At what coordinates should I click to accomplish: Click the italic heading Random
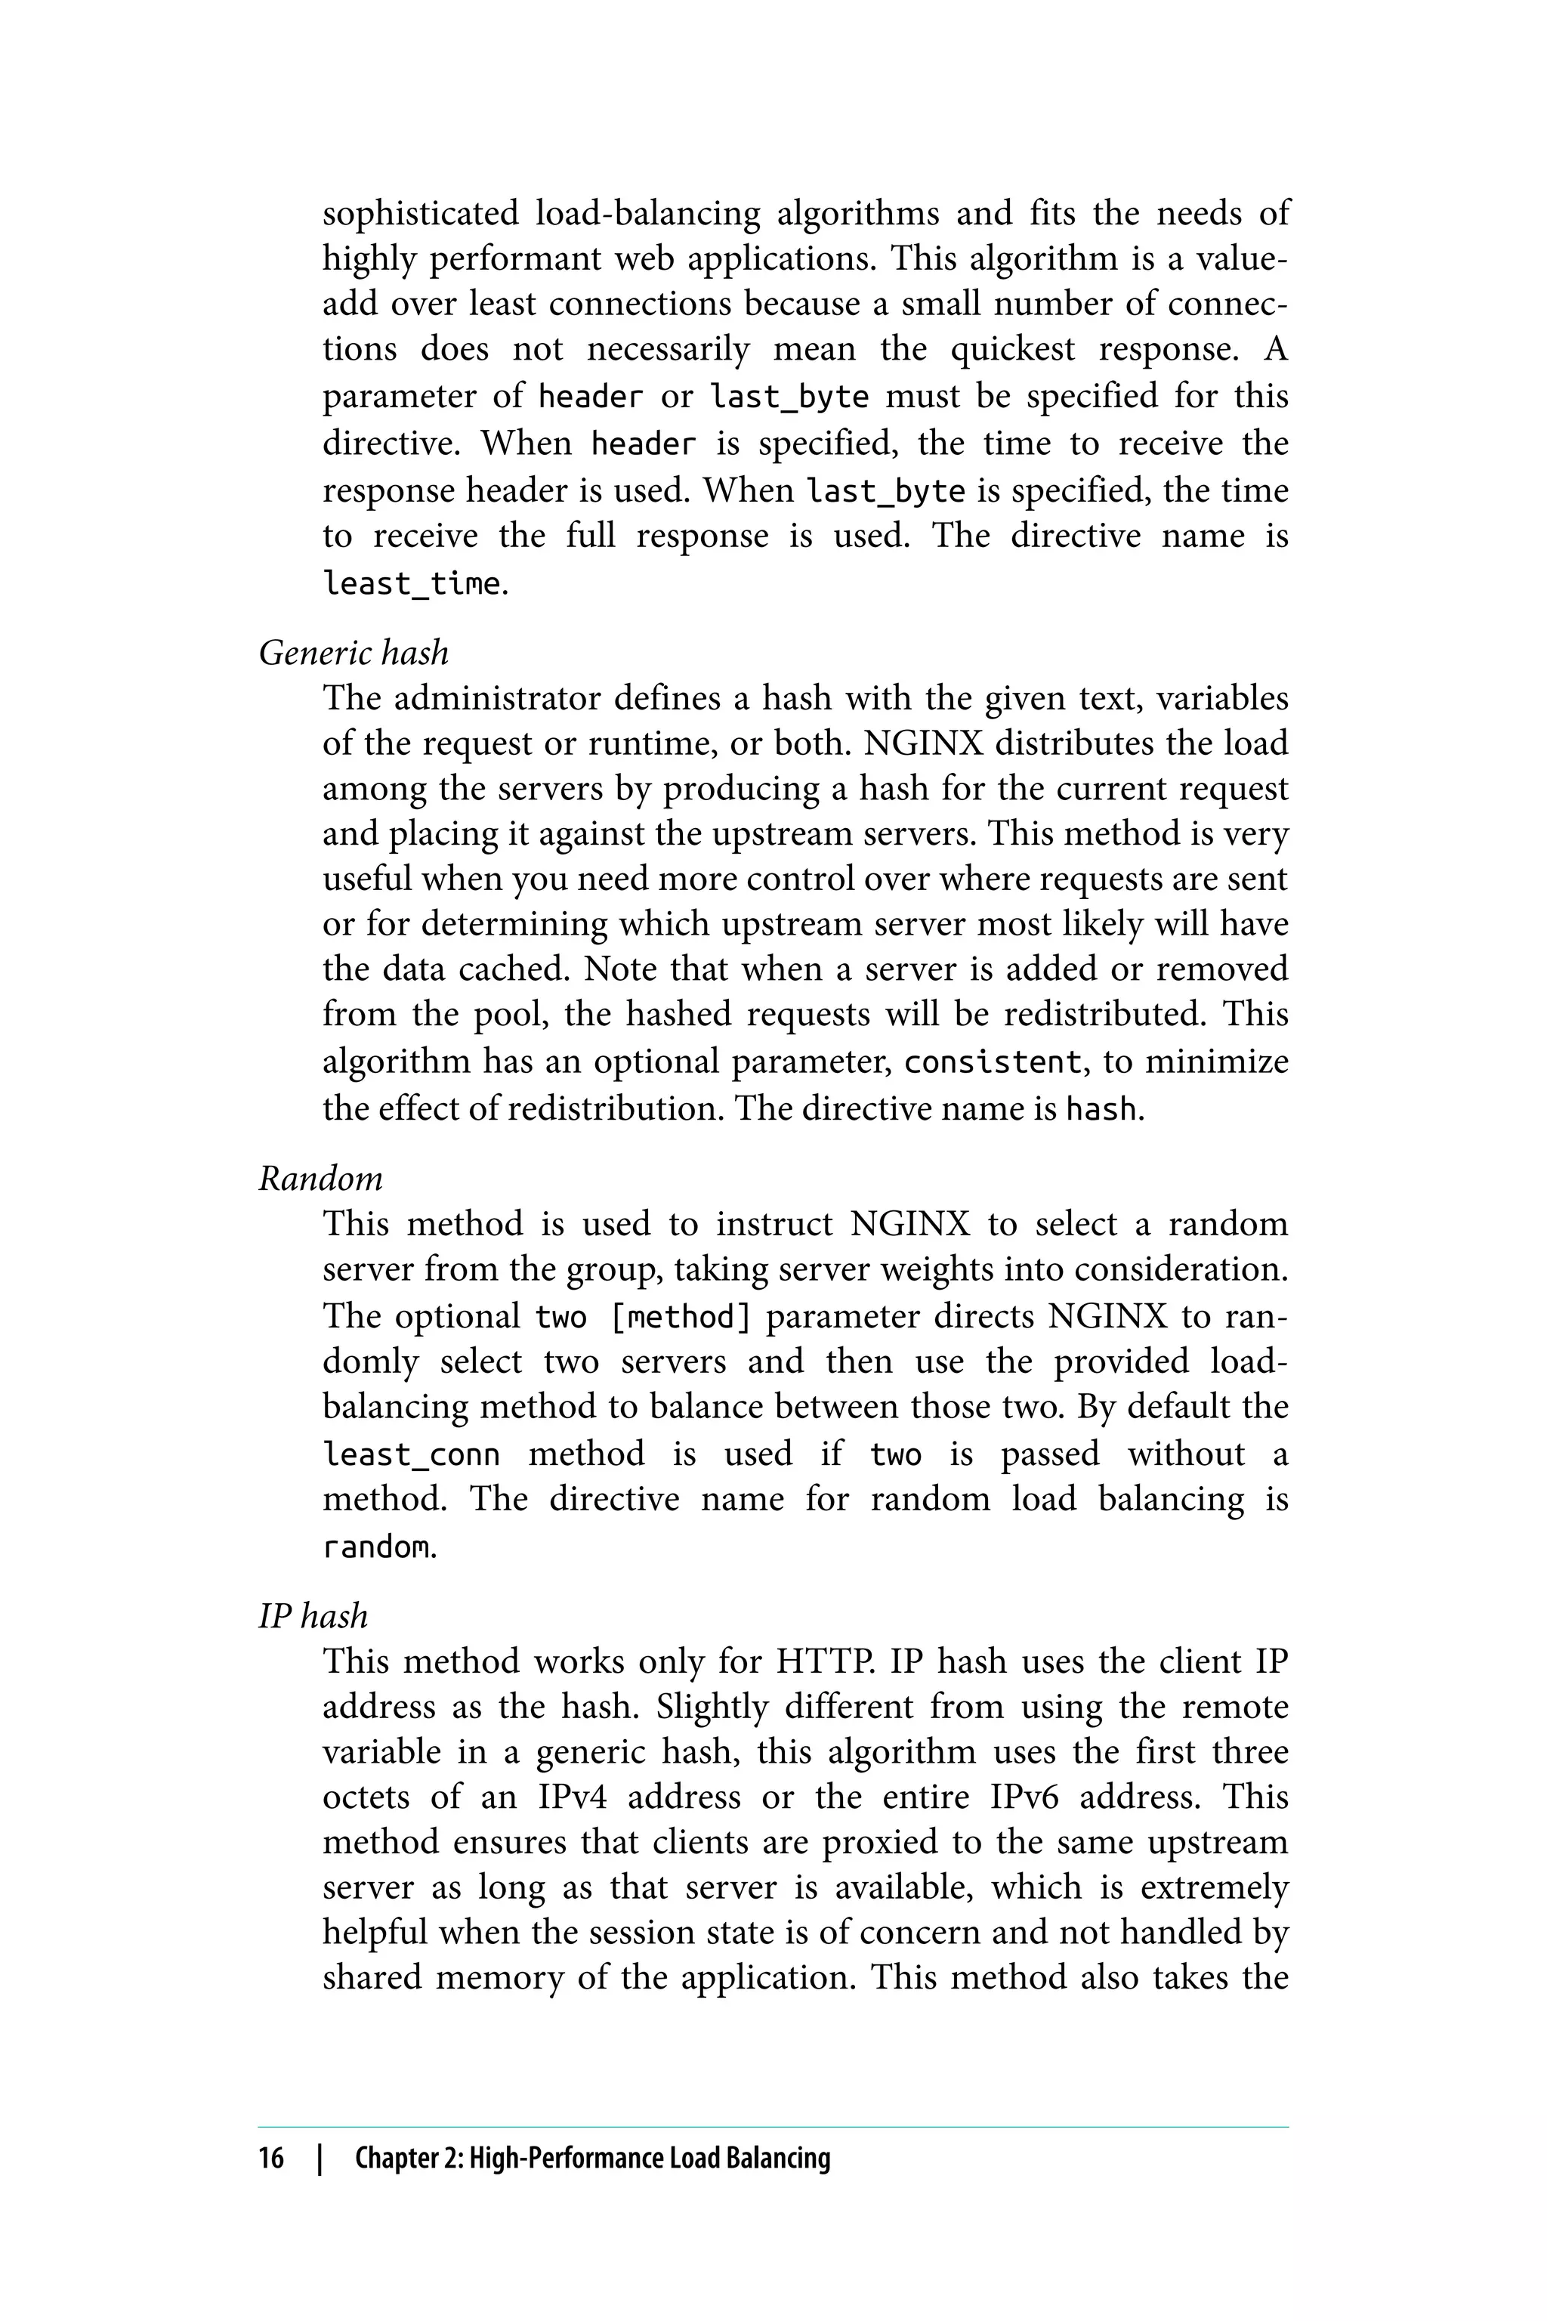click(320, 1179)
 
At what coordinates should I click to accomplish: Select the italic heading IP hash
click(313, 1615)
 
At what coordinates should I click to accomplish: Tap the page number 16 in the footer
click(270, 2158)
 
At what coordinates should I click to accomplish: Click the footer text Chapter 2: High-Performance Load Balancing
click(592, 2158)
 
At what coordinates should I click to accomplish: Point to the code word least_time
click(412, 584)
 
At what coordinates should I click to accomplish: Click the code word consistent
click(993, 1063)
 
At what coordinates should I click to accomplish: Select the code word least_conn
click(412, 1454)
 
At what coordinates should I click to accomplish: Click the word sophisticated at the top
click(420, 213)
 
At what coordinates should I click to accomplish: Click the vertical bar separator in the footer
click(319, 2158)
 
